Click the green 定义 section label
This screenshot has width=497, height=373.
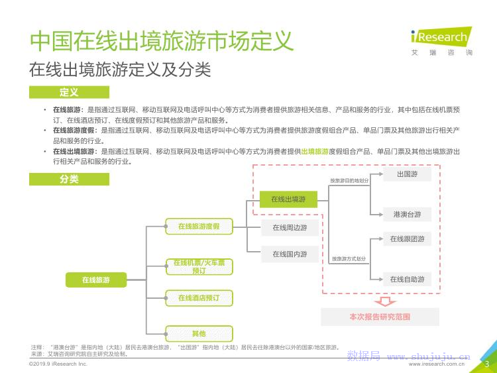pyautogui.click(x=69, y=92)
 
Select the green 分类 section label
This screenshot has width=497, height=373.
pyautogui.click(x=69, y=179)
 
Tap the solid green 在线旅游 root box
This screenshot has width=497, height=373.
pyautogui.click(x=96, y=280)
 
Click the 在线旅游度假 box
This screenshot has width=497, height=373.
pyautogui.click(x=199, y=227)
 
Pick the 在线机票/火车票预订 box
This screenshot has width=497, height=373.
pyautogui.click(x=199, y=267)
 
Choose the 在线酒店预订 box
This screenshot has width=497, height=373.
pyautogui.click(x=199, y=298)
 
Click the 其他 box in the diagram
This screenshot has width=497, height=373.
pyautogui.click(x=199, y=333)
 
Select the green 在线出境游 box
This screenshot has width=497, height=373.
pyautogui.click(x=288, y=199)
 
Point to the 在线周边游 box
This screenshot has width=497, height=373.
pyautogui.click(x=289, y=227)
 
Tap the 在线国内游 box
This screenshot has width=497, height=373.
pyautogui.click(x=289, y=254)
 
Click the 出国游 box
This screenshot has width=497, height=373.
pyautogui.click(x=407, y=174)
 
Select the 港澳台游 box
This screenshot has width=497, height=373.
pyautogui.click(x=407, y=214)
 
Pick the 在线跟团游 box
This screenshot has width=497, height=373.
pyautogui.click(x=407, y=239)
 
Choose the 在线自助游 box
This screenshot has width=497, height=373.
pyautogui.click(x=407, y=279)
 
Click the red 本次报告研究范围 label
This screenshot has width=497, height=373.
pyautogui.click(x=380, y=317)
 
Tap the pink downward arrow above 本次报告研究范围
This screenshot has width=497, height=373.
pyautogui.click(x=380, y=300)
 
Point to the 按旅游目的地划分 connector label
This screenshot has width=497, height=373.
pyautogui.click(x=349, y=180)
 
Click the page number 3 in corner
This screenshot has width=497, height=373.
pyautogui.click(x=486, y=363)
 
